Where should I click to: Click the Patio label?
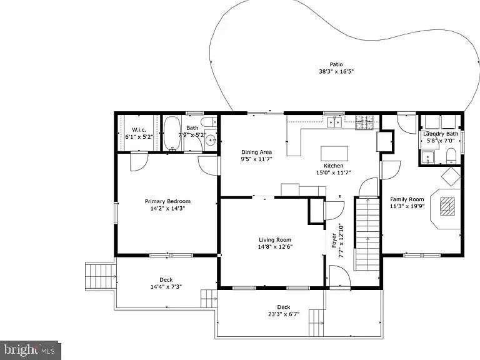[x=336, y=64]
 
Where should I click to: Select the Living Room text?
[x=275, y=239]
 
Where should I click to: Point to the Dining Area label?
[x=257, y=152]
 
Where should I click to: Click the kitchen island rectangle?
[x=334, y=154]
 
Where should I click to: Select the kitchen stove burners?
[x=364, y=122]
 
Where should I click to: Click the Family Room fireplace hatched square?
[x=447, y=206]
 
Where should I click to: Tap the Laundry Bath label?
[x=441, y=134]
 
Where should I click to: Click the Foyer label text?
[x=334, y=241]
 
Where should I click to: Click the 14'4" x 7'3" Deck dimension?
[x=166, y=287]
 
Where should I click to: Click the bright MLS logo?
[x=30, y=349]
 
